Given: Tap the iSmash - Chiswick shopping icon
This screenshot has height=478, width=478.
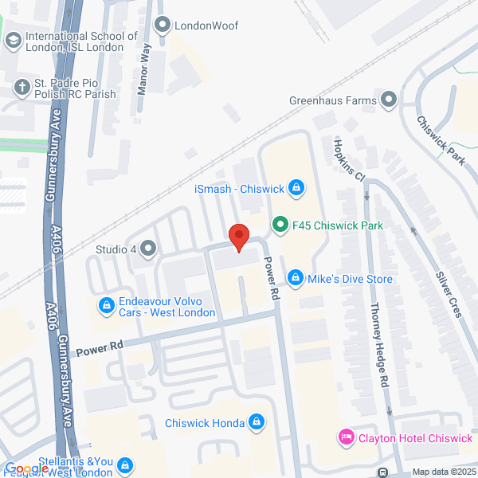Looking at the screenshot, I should pyautogui.click(x=296, y=188).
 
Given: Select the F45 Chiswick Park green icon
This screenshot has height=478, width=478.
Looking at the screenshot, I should pyautogui.click(x=280, y=225).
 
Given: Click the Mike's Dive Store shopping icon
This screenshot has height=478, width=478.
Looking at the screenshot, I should pyautogui.click(x=296, y=278).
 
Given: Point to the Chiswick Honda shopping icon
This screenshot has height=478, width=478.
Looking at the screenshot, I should pyautogui.click(x=257, y=422).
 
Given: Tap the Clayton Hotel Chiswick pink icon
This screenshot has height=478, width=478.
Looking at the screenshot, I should pyautogui.click(x=346, y=437).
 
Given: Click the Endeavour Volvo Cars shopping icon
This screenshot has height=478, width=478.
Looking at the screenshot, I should pyautogui.click(x=106, y=305).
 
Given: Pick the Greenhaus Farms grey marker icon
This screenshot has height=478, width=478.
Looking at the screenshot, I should pyautogui.click(x=389, y=100).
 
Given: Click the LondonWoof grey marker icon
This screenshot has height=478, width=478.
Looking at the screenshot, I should pyautogui.click(x=164, y=25).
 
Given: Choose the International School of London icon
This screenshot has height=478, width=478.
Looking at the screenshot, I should pyautogui.click(x=13, y=40).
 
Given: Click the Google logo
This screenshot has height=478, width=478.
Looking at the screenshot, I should pyautogui.click(x=25, y=468).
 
